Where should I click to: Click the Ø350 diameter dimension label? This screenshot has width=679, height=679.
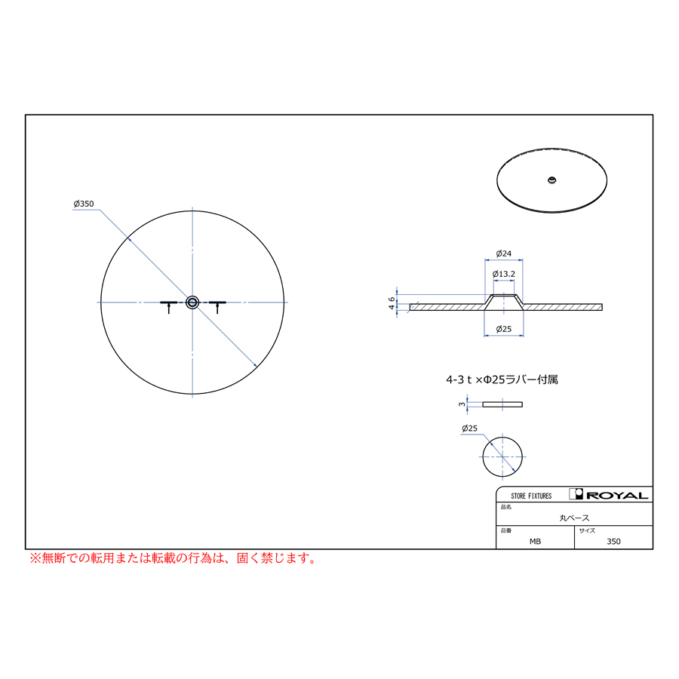tap(84, 204)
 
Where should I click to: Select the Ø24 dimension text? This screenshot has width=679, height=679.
tap(504, 253)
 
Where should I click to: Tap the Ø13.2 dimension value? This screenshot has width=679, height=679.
tap(504, 274)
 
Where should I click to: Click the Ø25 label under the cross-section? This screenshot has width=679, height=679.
tap(504, 329)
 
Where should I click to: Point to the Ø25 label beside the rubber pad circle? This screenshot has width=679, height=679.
tap(469, 429)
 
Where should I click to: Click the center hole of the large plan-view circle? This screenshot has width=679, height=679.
tap(192, 303)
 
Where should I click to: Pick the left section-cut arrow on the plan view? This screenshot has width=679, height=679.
tap(169, 307)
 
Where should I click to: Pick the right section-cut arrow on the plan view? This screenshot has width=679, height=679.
tap(217, 307)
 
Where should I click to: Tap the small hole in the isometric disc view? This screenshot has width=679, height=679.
tap(551, 180)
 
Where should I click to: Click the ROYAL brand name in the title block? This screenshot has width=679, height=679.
tap(617, 496)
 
